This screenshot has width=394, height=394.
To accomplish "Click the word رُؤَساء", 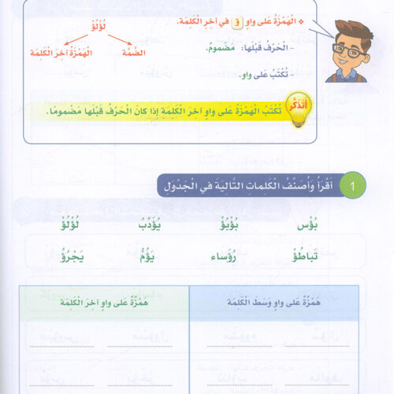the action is pyautogui.click(x=226, y=256).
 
